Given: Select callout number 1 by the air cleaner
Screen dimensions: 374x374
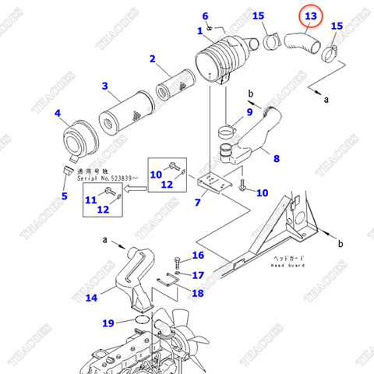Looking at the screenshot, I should (200, 30).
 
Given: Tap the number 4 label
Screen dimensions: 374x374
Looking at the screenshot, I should (58, 115).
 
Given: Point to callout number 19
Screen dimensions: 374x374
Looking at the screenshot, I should (108, 322).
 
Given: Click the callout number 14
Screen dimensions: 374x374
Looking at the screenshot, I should (91, 297).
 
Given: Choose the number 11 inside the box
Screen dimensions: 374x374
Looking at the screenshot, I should (90, 199).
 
